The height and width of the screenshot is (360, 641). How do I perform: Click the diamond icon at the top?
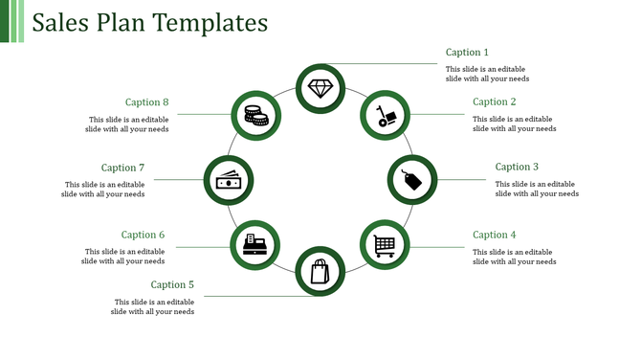[x=320, y=88]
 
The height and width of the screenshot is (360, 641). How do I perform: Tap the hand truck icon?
[x=385, y=115]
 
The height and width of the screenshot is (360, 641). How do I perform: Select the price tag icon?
[x=411, y=179]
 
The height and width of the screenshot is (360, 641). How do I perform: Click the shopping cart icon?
[x=384, y=245]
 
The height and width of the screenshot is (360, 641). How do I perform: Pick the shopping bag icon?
[x=320, y=271]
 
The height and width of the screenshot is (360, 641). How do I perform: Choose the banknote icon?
[x=228, y=180]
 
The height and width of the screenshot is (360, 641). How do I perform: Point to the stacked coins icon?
[x=254, y=116]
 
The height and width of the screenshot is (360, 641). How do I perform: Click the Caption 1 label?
[x=467, y=53]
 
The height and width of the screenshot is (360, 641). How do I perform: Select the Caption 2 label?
[x=495, y=101]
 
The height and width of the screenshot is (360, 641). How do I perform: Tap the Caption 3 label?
[x=517, y=167]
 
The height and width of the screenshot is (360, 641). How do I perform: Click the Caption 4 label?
[x=495, y=235]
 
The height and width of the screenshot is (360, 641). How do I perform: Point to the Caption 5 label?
[x=172, y=284]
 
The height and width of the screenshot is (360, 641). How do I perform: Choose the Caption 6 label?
[x=144, y=235]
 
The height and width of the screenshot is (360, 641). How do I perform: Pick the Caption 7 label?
[x=123, y=168]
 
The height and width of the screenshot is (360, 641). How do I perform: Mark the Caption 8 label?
[x=147, y=102]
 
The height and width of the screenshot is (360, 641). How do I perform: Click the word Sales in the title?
[x=61, y=22]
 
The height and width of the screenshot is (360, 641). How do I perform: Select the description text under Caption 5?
[x=152, y=305]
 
